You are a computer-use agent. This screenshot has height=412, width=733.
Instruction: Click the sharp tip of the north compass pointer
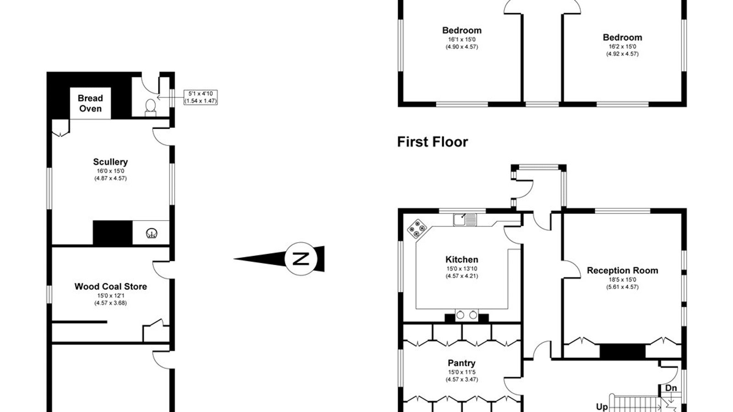[x=234, y=259]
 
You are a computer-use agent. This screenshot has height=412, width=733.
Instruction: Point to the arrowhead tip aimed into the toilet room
[x=157, y=98]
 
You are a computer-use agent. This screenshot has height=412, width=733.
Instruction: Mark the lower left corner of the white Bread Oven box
[x=70, y=119]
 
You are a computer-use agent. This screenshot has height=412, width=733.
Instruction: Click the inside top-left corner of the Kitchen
[x=403, y=213]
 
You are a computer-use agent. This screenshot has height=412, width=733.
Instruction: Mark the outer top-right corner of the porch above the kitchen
[x=566, y=165]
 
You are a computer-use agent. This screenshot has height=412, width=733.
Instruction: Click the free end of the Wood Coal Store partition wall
[x=107, y=322]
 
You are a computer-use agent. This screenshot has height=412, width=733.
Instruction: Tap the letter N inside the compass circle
[x=301, y=259]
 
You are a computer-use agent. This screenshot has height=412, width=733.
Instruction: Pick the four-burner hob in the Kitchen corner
[x=417, y=228]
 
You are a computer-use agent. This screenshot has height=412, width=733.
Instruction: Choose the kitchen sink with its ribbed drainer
[x=465, y=219]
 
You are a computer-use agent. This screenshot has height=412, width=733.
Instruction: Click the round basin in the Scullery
[x=152, y=233]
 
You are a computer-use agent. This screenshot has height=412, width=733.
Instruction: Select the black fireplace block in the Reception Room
[x=623, y=351]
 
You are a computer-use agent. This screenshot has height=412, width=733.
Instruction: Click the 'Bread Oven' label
[x=90, y=103]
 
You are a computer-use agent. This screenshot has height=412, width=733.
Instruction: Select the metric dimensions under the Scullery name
[x=110, y=178]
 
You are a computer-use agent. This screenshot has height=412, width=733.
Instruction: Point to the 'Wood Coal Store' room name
[x=110, y=287]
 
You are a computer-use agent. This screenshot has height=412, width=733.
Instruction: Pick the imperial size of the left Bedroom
[x=462, y=39]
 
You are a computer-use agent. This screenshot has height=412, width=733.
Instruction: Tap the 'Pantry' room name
[x=461, y=363]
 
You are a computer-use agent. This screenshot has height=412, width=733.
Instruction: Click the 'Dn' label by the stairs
[x=671, y=388]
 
